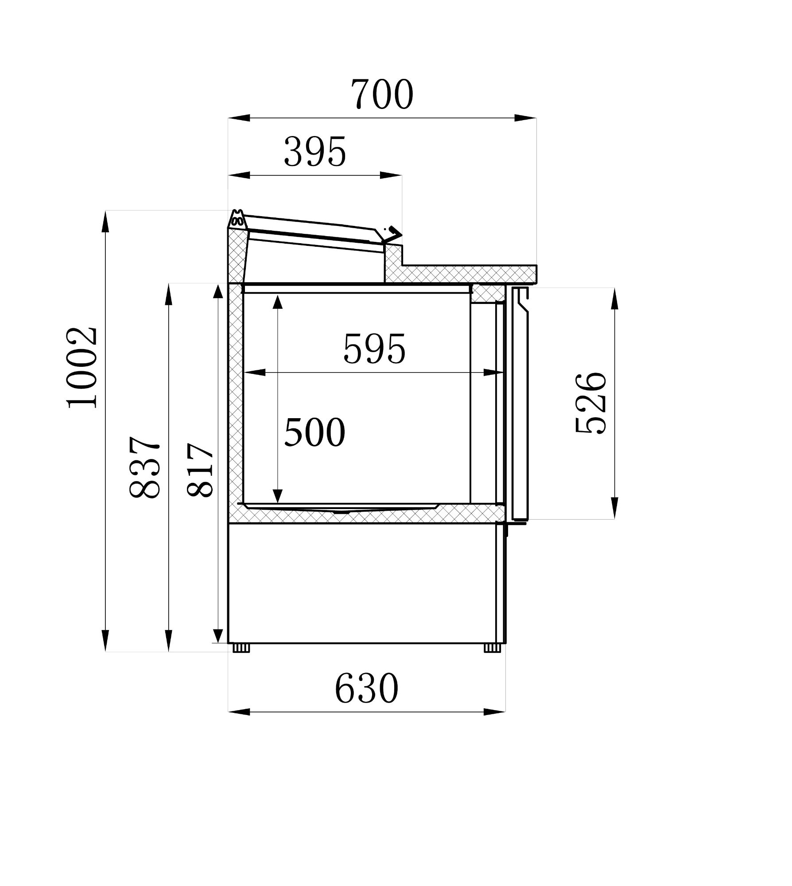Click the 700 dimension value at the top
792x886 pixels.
tap(382, 94)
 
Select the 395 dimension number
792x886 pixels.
tap(315, 152)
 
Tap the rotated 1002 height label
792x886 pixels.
tap(82, 367)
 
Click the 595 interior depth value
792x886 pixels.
tap(374, 349)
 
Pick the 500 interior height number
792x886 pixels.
tap(314, 432)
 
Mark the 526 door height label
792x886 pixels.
tap(590, 403)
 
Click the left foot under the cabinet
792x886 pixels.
tap(241, 648)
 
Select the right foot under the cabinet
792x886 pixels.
tap(492, 648)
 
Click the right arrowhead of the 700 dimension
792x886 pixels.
tap(525, 118)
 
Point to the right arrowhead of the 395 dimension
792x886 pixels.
tap(391, 175)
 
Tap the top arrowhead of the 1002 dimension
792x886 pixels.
tap(105, 221)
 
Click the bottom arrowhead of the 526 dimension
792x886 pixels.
tap(614, 508)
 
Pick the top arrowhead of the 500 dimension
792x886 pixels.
tap(278, 302)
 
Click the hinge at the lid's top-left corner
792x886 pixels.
tap(237, 219)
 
